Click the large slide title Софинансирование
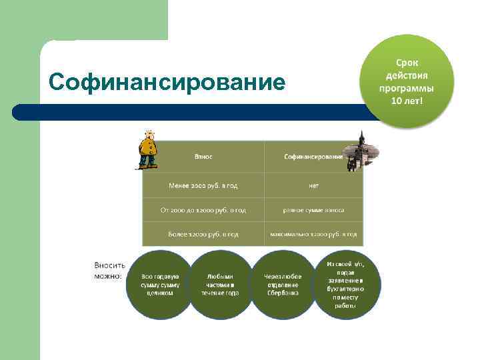pyautogui.click(x=167, y=83)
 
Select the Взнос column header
pyautogui.click(x=203, y=157)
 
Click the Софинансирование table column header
pyautogui.click(x=313, y=157)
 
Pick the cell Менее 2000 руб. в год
pyautogui.click(x=203, y=185)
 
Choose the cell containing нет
pyautogui.click(x=313, y=185)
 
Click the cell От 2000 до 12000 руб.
pyautogui.click(x=203, y=210)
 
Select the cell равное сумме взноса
pyautogui.click(x=313, y=210)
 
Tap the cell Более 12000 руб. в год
pyautogui.click(x=203, y=234)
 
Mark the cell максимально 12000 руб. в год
pyautogui.click(x=313, y=234)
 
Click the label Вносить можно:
pyautogui.click(x=107, y=270)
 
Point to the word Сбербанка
pyautogui.click(x=283, y=293)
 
